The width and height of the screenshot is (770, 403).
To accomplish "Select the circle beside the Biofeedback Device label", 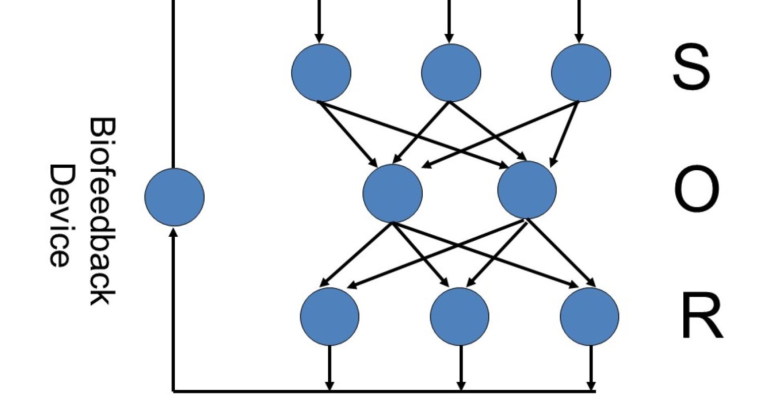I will tap(174, 197).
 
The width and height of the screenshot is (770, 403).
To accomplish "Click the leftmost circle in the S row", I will tap(321, 73).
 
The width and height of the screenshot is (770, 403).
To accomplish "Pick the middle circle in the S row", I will tap(451, 73).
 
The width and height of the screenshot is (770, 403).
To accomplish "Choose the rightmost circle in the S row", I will tap(581, 73).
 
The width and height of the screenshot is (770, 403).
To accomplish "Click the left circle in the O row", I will tap(393, 193).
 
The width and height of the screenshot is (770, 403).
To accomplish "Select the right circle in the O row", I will tap(527, 190).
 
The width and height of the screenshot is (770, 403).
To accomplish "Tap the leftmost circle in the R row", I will tap(330, 316).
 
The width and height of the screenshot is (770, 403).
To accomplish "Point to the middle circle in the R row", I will tap(460, 316).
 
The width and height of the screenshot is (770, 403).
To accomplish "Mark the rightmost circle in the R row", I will tap(590, 316).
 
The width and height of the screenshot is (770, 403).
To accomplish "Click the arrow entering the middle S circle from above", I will tap(448, 23).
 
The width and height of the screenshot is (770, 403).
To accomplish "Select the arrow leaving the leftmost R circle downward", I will tap(329, 368).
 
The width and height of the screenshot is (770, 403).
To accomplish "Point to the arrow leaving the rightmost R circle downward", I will tap(591, 368).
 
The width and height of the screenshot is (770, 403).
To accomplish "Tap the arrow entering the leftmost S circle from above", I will tap(318, 23).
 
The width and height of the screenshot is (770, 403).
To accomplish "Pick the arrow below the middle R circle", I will tap(460, 368).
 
